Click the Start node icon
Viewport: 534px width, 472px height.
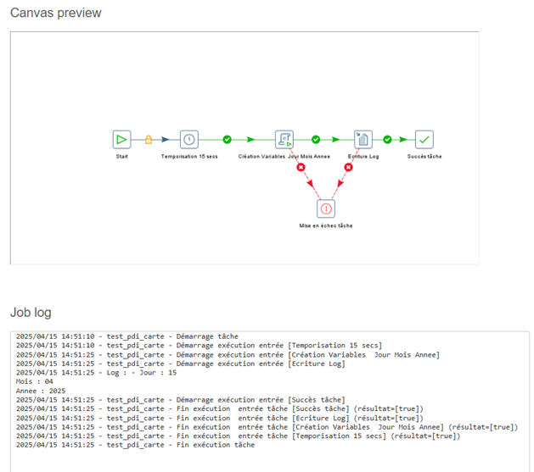[121, 139]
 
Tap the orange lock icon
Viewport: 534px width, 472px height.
[149, 139]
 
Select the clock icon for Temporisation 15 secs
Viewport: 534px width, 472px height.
[189, 139]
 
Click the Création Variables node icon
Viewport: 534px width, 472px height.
[284, 139]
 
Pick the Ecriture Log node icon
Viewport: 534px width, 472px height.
[363, 139]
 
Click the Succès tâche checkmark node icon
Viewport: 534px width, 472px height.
[424, 139]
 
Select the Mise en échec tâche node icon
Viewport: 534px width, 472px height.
[326, 208]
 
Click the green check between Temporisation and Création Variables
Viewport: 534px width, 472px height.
[228, 139]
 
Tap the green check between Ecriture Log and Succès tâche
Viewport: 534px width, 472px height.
[388, 139]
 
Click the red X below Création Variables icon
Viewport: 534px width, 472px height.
[301, 167]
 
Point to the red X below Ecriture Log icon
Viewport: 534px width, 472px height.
[348, 167]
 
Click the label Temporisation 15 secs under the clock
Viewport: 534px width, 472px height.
[189, 156]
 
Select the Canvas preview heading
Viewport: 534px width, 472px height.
[56, 13]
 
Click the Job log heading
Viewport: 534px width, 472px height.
[31, 313]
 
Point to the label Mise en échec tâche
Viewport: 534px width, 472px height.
[326, 225]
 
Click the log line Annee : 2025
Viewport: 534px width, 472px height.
[41, 391]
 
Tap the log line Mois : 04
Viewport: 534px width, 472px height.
[35, 381]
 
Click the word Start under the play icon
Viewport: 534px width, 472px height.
[122, 156]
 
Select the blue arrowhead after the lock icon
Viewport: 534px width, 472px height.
[166, 139]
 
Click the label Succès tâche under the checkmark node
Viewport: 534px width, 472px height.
[424, 156]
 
